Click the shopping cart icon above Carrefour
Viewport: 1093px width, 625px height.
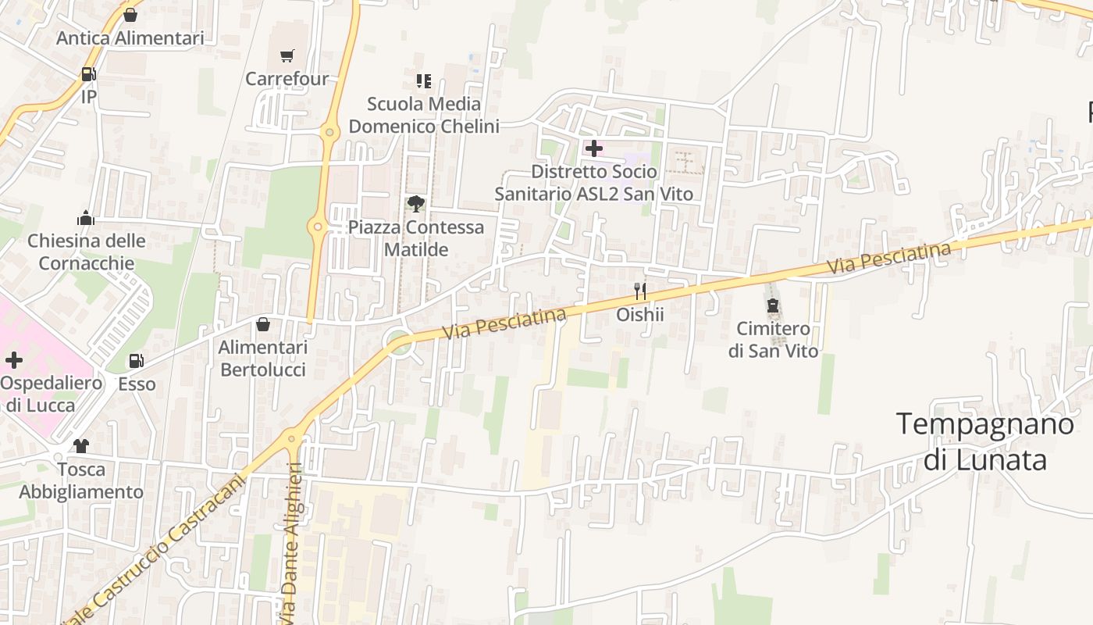pos(287,55)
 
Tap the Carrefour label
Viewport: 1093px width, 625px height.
pos(287,79)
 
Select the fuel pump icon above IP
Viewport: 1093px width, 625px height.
pos(88,75)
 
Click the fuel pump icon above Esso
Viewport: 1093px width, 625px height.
pos(137,361)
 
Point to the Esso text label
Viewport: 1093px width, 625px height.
pos(137,384)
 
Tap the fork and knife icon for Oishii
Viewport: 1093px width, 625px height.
pos(640,291)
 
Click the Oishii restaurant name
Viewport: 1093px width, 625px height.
pos(640,314)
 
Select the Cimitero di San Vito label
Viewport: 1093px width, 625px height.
pos(773,340)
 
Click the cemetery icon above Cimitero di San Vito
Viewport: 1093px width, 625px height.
pos(773,305)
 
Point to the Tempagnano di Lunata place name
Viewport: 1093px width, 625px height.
pos(985,441)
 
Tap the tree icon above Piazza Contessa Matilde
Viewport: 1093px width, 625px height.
pos(416,205)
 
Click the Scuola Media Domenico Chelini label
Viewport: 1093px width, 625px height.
pos(424,115)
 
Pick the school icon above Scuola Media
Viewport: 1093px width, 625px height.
pos(424,80)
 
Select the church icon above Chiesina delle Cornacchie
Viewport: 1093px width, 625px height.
pos(86,218)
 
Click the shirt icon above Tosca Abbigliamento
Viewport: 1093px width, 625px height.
pos(81,446)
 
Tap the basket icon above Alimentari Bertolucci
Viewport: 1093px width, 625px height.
pos(263,324)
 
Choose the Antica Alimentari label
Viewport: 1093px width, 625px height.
pos(130,38)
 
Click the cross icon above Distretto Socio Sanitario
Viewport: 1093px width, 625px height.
pos(594,148)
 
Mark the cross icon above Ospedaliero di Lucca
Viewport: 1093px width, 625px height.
pos(14,360)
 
